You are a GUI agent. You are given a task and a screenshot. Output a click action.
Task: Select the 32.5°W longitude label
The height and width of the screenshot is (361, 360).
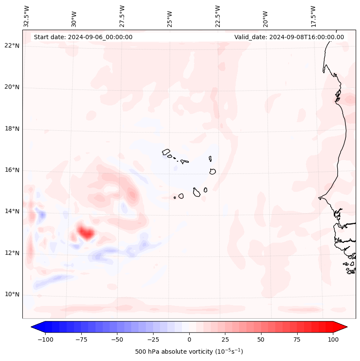[27, 16]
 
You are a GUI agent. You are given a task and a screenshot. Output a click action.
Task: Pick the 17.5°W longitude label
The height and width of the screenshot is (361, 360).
[313, 16]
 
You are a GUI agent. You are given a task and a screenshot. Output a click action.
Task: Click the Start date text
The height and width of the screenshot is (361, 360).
[83, 37]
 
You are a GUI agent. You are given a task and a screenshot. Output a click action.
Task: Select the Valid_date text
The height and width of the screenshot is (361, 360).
[289, 37]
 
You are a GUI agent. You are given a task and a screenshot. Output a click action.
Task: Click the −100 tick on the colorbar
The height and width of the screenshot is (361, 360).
[45, 339]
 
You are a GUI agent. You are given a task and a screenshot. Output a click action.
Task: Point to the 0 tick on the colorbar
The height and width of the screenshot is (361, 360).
[189, 339]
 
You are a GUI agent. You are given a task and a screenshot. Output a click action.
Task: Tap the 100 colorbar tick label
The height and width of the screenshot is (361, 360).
[333, 339]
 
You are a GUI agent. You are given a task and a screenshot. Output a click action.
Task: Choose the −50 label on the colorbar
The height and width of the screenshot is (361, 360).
[117, 339]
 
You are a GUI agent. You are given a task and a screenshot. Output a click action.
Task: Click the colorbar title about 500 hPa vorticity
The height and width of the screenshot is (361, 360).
[189, 352]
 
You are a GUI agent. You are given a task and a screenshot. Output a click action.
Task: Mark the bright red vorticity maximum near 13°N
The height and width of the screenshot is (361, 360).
[86, 233]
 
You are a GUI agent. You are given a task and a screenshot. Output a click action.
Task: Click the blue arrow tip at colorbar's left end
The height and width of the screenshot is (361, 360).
[33, 327]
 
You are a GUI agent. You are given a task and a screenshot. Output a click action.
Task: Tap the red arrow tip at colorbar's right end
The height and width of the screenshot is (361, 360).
[345, 327]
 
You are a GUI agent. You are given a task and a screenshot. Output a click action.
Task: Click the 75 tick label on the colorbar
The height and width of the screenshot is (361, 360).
[297, 339]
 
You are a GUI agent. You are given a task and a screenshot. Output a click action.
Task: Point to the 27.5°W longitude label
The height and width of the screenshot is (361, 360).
[122, 16]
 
